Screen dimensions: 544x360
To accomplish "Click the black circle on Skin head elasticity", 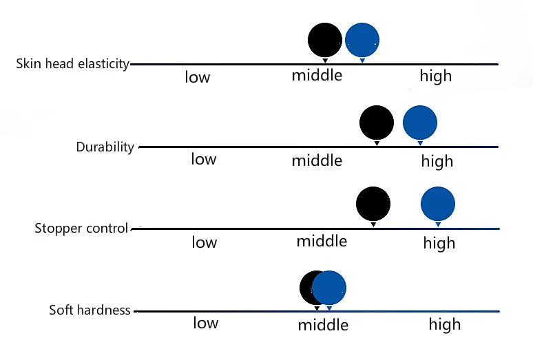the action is click(325, 40).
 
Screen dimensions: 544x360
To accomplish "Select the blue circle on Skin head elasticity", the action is click(362, 40).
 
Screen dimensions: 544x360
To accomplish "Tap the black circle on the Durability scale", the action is click(377, 123).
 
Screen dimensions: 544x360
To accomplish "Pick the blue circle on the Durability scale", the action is click(420, 123).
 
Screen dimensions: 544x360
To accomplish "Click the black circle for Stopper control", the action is click(373, 204).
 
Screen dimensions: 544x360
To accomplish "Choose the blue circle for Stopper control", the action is click(438, 204).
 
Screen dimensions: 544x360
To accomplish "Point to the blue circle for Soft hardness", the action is click(329, 288).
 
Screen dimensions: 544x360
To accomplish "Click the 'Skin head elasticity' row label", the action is click(72, 64).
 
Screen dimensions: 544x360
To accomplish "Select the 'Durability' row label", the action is click(105, 147).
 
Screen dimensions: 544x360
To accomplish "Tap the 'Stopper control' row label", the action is click(81, 229).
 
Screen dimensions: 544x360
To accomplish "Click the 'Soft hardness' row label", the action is click(90, 310).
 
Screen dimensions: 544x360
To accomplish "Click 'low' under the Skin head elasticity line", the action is click(198, 76).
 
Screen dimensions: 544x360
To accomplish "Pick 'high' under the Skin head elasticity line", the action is click(436, 76).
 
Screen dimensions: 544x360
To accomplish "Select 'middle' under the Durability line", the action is click(317, 160).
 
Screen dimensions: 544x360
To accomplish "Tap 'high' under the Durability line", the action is click(437, 162).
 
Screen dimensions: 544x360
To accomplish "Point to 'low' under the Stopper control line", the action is click(205, 242).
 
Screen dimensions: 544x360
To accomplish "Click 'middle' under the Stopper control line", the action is click(322, 241).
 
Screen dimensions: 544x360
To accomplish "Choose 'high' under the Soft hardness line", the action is click(445, 325).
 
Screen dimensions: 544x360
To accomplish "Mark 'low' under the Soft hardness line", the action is click(206, 323).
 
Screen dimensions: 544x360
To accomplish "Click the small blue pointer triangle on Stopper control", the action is click(438, 224).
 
